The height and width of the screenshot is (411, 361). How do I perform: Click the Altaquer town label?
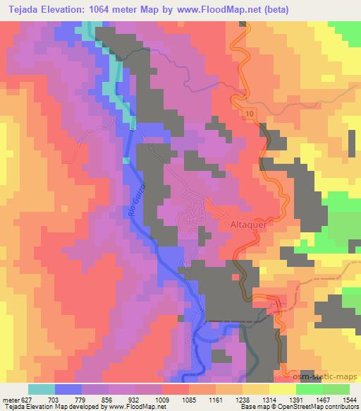click(250, 224)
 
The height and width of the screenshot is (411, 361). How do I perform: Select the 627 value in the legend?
click(28, 399)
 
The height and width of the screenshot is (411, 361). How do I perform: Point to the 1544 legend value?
click(350, 399)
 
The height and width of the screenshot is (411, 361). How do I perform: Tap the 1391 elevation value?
click(296, 399)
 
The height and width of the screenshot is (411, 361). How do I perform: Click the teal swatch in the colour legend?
click(42, 389)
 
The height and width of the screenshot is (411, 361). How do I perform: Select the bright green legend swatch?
click(336, 389)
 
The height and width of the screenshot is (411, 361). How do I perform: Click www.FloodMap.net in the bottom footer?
click(139, 407)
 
